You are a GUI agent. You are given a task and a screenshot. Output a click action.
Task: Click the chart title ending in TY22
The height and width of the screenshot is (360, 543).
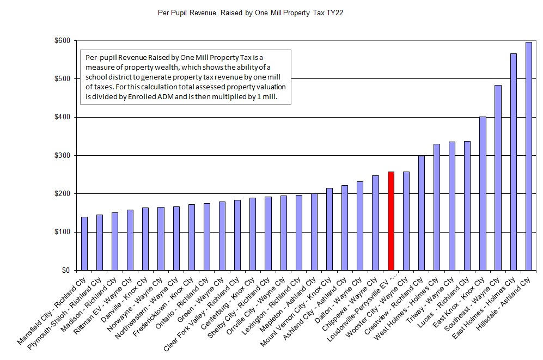coord(250,13)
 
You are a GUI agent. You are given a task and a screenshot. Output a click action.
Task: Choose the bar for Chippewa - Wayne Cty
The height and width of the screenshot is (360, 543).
coord(375,223)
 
